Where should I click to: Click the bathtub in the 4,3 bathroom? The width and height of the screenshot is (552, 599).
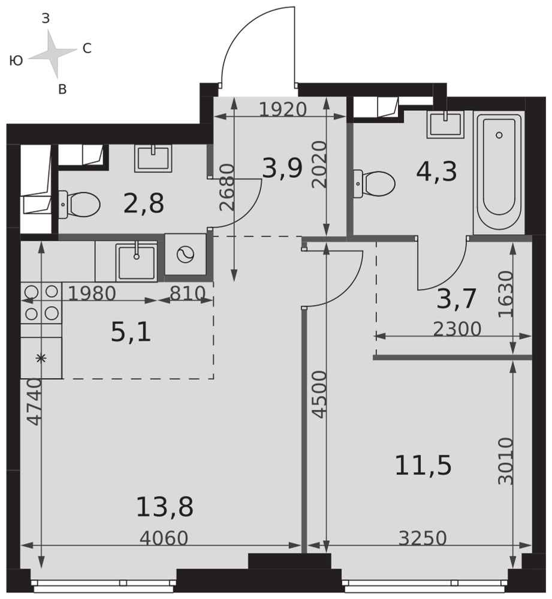point(499,173)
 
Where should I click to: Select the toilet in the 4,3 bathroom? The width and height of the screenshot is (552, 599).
point(374,184)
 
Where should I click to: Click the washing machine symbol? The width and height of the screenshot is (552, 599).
point(186,255)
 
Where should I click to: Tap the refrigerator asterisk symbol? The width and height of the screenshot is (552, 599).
point(41,358)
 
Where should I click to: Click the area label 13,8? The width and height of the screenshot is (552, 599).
point(165,507)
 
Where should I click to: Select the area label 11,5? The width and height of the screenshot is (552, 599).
point(423,466)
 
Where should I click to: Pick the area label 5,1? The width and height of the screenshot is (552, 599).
point(131,332)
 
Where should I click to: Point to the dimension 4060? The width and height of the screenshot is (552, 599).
point(164,539)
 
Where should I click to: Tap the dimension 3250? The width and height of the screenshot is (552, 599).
point(423,539)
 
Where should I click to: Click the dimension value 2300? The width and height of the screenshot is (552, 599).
point(457,328)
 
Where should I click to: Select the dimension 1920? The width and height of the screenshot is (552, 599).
point(283,110)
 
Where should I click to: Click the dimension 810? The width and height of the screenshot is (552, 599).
point(188,294)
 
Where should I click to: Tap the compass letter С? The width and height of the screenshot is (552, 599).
point(87,49)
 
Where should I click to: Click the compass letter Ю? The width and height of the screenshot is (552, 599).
point(16,60)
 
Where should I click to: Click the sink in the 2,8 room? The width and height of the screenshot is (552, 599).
point(153,158)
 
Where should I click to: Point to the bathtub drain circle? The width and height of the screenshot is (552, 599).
point(499,135)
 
